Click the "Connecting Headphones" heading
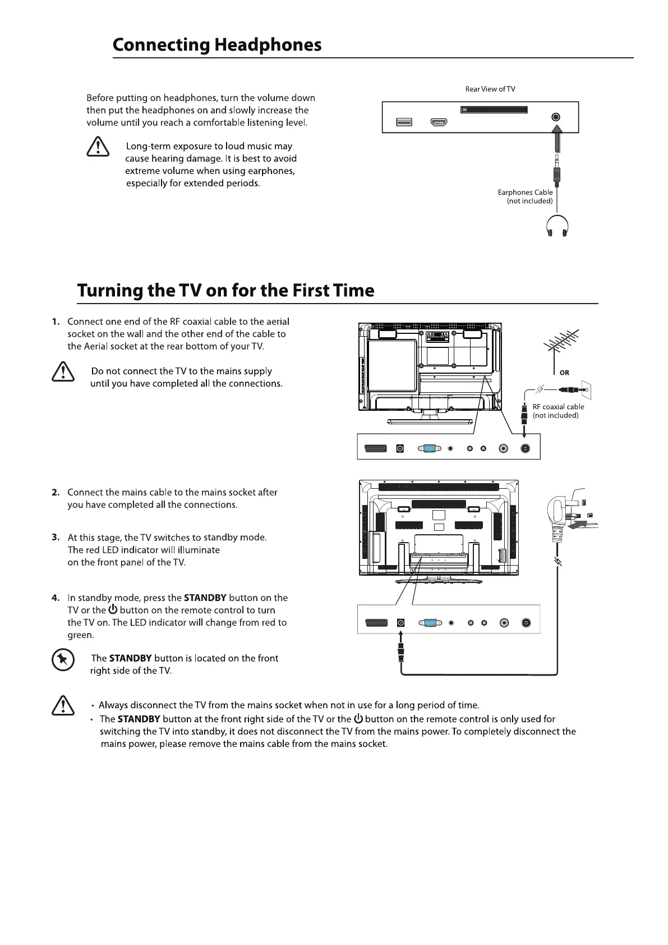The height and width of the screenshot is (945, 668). pos(217,45)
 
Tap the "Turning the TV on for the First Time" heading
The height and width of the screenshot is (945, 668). pos(225,291)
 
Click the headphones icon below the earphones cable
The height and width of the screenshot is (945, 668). pos(557,227)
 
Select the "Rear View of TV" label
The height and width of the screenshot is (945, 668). pos(490,89)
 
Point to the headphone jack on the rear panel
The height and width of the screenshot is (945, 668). pos(555,117)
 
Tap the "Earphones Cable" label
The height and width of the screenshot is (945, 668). pos(525,192)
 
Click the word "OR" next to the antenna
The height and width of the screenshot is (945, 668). pos(564,373)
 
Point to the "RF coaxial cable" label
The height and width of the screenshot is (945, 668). pos(558,407)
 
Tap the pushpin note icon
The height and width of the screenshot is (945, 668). pos(63,660)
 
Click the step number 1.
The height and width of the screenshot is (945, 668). pos(56,322)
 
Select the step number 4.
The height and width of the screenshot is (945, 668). pos(56,598)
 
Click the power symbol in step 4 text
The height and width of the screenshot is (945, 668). pos(113,609)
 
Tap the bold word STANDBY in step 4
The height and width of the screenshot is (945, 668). pos(205,598)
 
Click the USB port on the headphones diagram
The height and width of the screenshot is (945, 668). pos(404,122)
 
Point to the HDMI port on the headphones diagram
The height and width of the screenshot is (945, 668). pos(439,122)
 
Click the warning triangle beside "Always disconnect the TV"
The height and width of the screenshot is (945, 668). pos(63,706)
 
